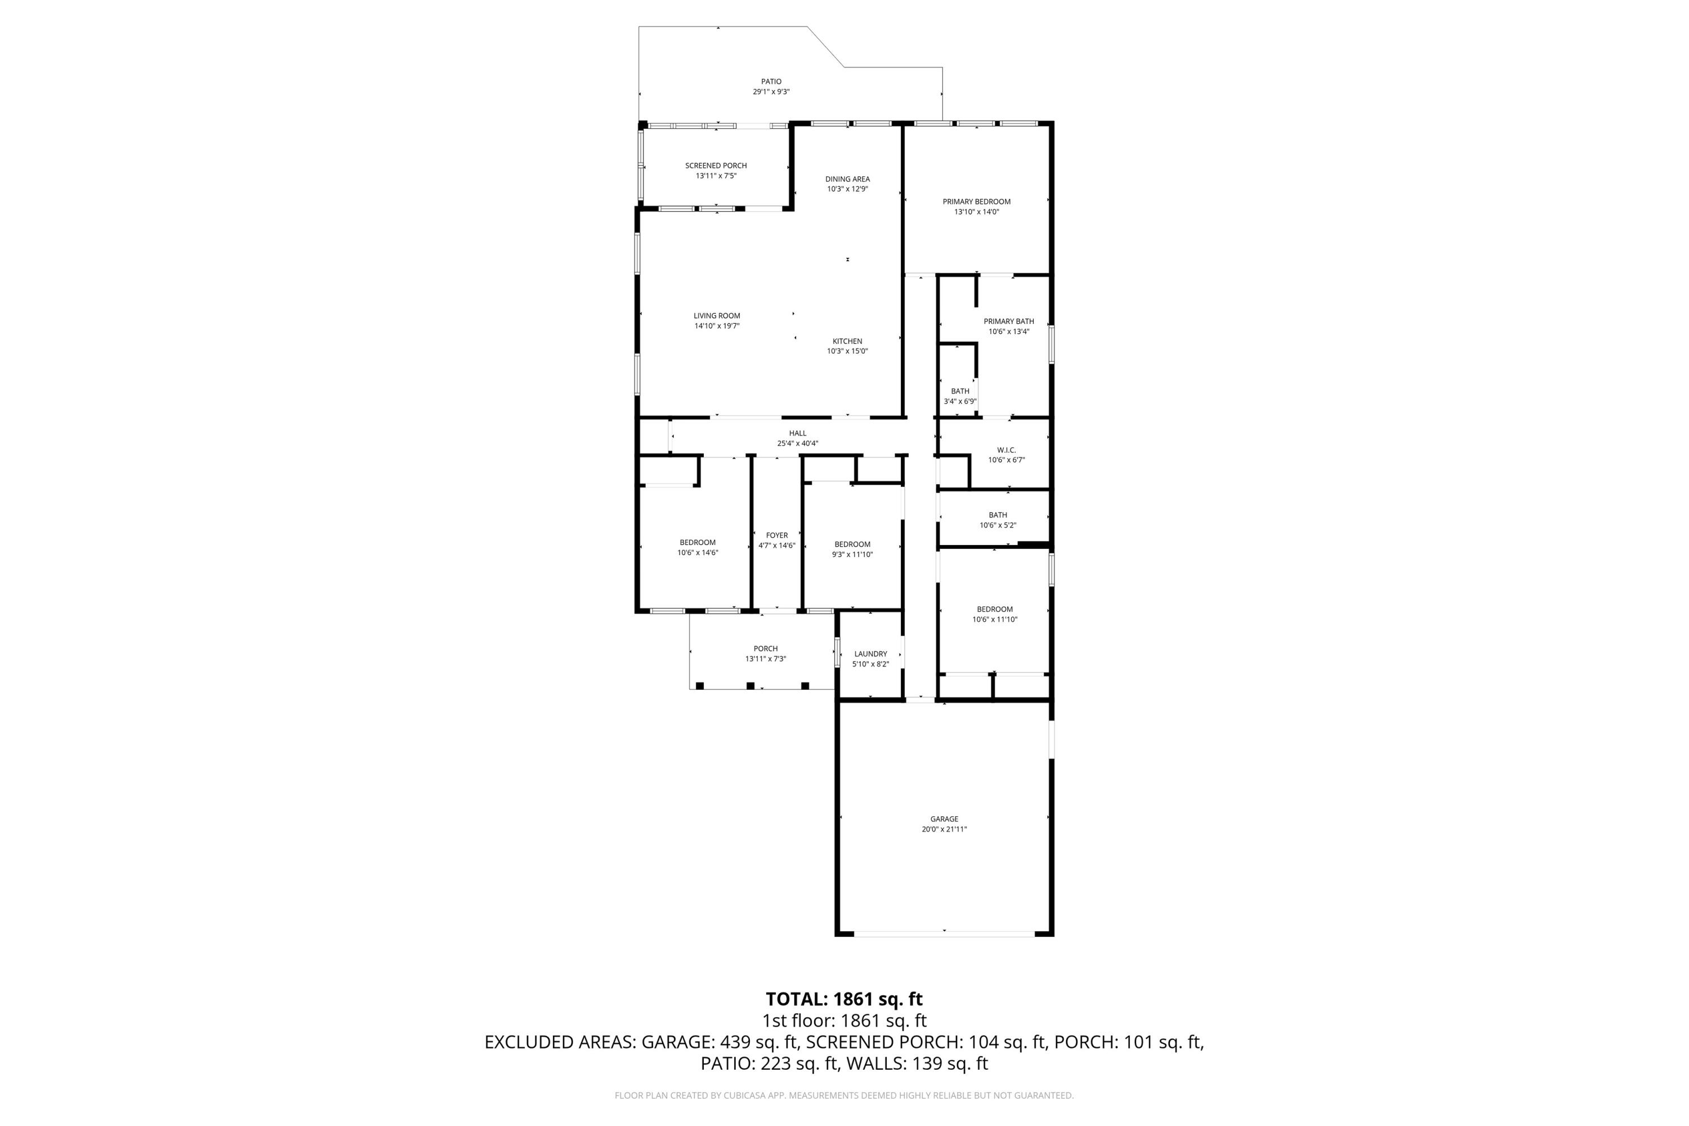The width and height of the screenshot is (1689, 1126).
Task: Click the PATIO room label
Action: [771, 82]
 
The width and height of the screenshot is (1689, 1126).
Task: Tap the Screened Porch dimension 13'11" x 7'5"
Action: [716, 176]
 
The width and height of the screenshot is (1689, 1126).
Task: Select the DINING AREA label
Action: [847, 180]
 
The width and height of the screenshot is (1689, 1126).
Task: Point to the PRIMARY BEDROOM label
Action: [977, 202]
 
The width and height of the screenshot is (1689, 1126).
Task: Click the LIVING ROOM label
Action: [717, 316]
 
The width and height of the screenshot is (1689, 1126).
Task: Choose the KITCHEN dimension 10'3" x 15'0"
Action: [847, 352]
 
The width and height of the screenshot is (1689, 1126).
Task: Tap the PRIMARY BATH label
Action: [1009, 321]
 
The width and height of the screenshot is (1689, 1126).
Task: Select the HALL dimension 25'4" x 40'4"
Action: [798, 444]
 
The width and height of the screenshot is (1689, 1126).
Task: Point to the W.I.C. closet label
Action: [1007, 450]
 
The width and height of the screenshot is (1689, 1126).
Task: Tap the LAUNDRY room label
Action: [870, 654]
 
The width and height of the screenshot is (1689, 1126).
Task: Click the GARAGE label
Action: [944, 819]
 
